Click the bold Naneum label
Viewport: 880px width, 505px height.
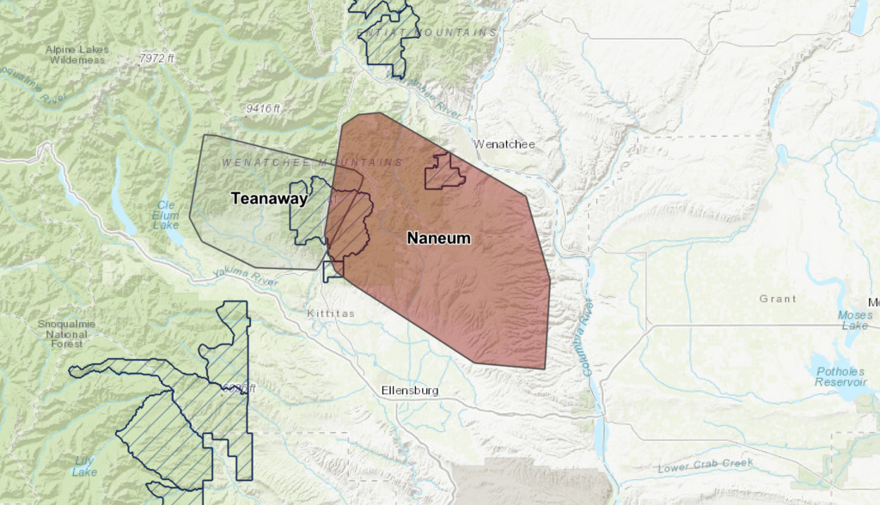point(438,238)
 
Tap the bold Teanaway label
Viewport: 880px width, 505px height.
point(269,198)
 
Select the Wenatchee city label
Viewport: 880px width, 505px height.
point(504,144)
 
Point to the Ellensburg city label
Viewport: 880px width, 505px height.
point(410,391)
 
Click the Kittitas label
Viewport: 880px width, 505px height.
point(331,314)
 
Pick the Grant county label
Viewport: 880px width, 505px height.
point(778,299)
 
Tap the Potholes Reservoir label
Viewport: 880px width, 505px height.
point(840,376)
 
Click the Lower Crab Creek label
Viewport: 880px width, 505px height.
point(705,466)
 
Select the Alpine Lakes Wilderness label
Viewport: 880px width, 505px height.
point(78,55)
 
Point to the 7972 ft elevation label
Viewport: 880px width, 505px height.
point(156,58)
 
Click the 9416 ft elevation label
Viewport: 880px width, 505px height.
point(263,108)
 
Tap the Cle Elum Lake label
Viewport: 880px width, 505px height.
point(166,215)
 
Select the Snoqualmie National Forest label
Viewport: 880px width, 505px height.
point(66,333)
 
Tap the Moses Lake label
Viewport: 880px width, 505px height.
point(856,320)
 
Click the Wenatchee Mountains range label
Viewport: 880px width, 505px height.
point(312,162)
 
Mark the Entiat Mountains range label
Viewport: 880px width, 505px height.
point(427,32)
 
